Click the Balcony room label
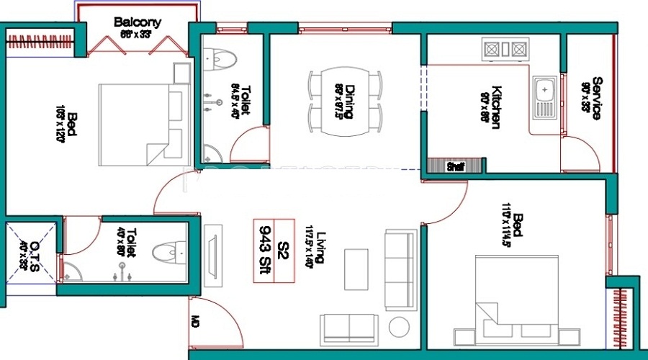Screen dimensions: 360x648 pyautogui.click(x=137, y=22)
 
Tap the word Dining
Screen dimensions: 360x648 pyautogui.click(x=349, y=101)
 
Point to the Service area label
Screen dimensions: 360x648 pyautogui.click(x=596, y=99)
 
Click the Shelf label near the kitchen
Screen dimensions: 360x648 pyautogui.click(x=454, y=166)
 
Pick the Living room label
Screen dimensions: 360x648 pyautogui.click(x=322, y=248)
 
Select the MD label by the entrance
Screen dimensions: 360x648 pyautogui.click(x=196, y=321)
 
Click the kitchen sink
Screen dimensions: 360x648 pyautogui.click(x=545, y=99)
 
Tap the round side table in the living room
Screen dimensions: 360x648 pyautogui.click(x=400, y=327)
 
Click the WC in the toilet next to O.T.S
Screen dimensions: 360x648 pyautogui.click(x=168, y=252)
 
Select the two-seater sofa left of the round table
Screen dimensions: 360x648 pyautogui.click(x=349, y=328)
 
